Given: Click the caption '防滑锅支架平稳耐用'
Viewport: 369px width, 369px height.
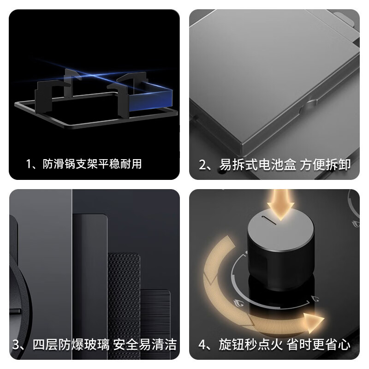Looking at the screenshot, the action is [x=92, y=164].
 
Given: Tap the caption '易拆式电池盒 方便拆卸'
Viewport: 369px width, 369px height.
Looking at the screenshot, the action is [x=285, y=165].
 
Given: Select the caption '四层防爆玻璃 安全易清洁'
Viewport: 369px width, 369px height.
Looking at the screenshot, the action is [x=105, y=345].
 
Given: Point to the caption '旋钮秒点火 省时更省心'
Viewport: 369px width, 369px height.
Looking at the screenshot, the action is [x=285, y=345].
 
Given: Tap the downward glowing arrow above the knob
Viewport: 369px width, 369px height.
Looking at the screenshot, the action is [x=280, y=204].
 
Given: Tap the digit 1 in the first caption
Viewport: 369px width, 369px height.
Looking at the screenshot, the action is [x=29, y=164].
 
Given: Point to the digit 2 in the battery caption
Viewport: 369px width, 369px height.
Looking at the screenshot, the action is [x=202, y=165].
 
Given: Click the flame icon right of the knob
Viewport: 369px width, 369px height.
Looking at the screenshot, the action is [x=315, y=299].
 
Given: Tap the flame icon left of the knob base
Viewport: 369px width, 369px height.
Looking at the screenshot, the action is [x=238, y=303].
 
